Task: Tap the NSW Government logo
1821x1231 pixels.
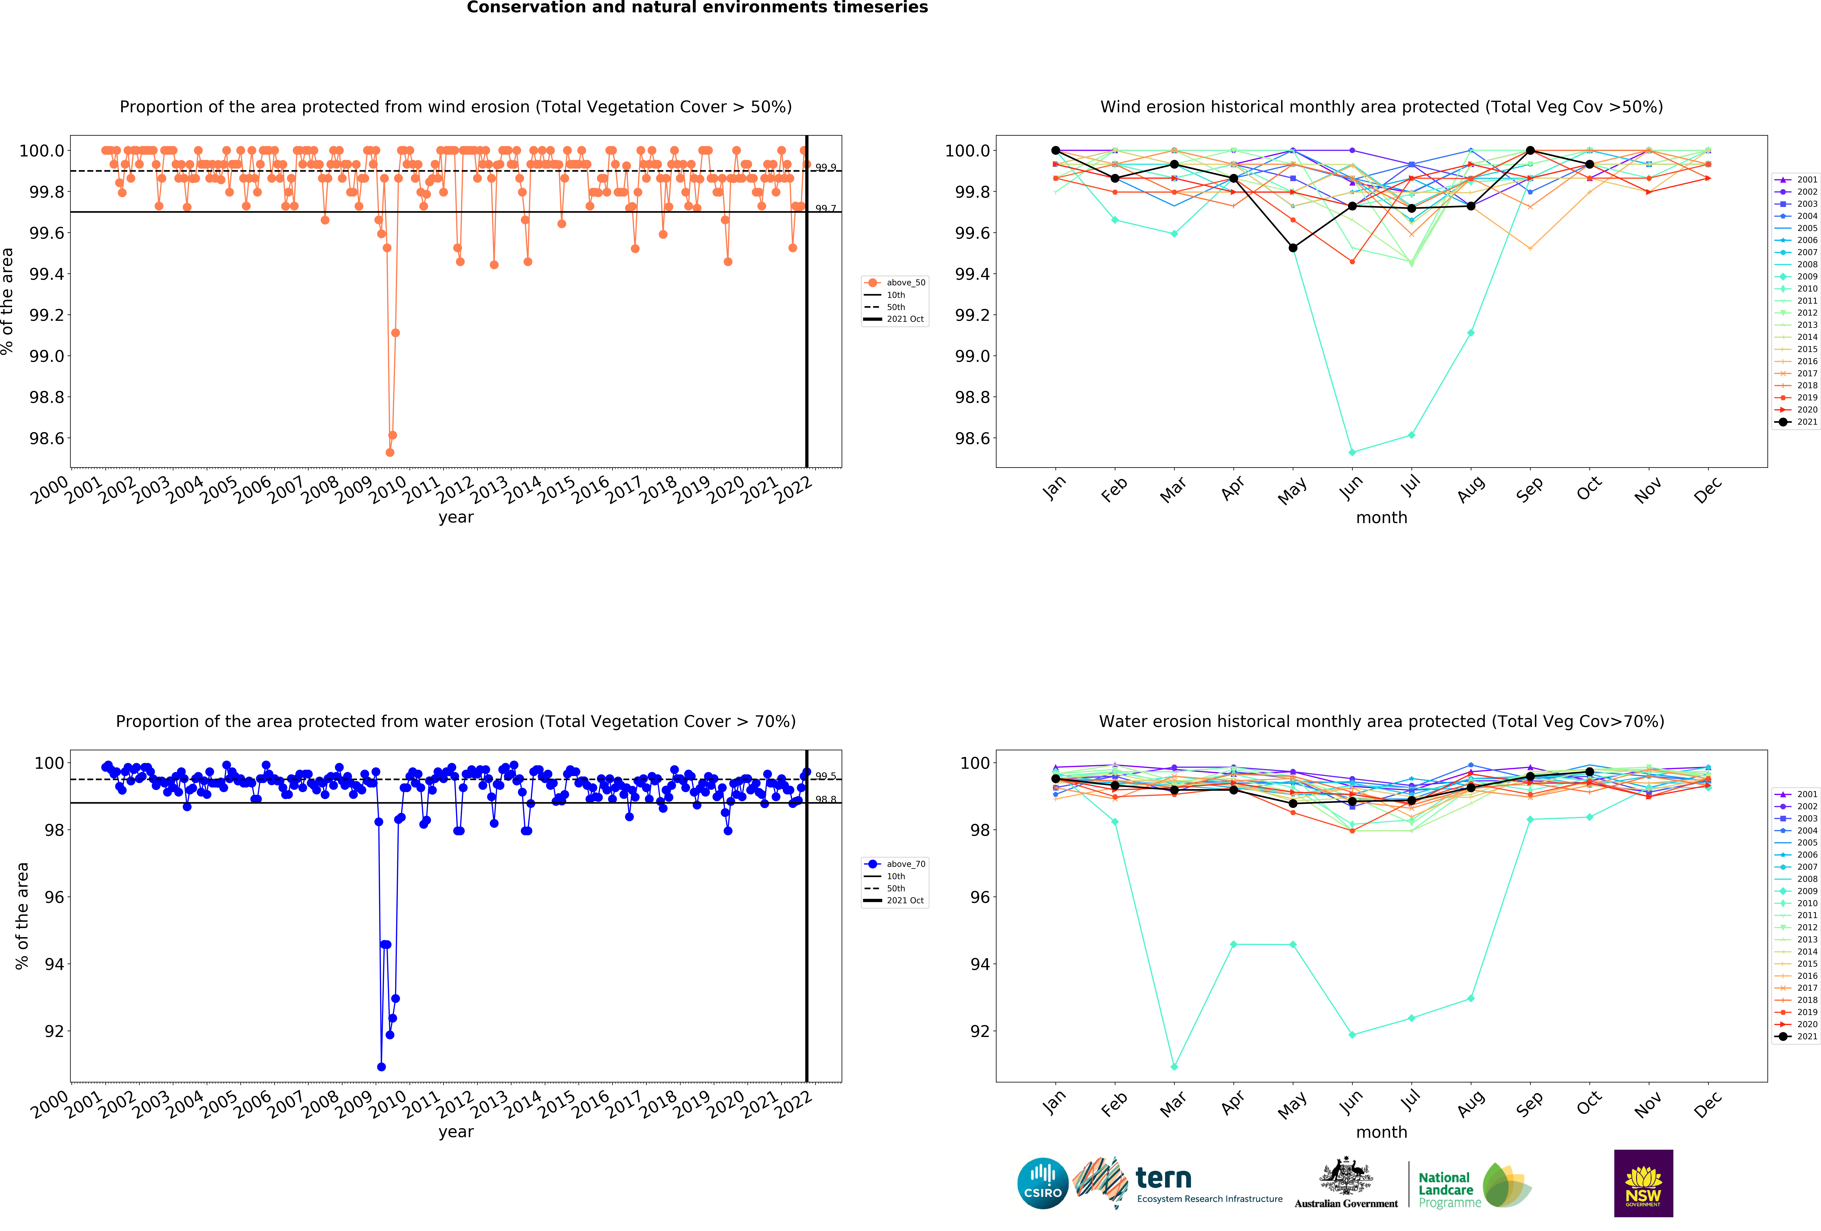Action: (x=1643, y=1183)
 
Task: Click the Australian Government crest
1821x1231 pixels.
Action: (x=1345, y=1175)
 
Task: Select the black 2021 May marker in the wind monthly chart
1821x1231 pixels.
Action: (x=1293, y=248)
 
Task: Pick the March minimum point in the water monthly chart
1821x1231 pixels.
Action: (x=1174, y=1066)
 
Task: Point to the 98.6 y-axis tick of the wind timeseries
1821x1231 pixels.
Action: (x=47, y=438)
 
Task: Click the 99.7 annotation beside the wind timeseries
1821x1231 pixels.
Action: (x=825, y=208)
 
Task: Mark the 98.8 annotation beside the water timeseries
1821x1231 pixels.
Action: (x=825, y=799)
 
